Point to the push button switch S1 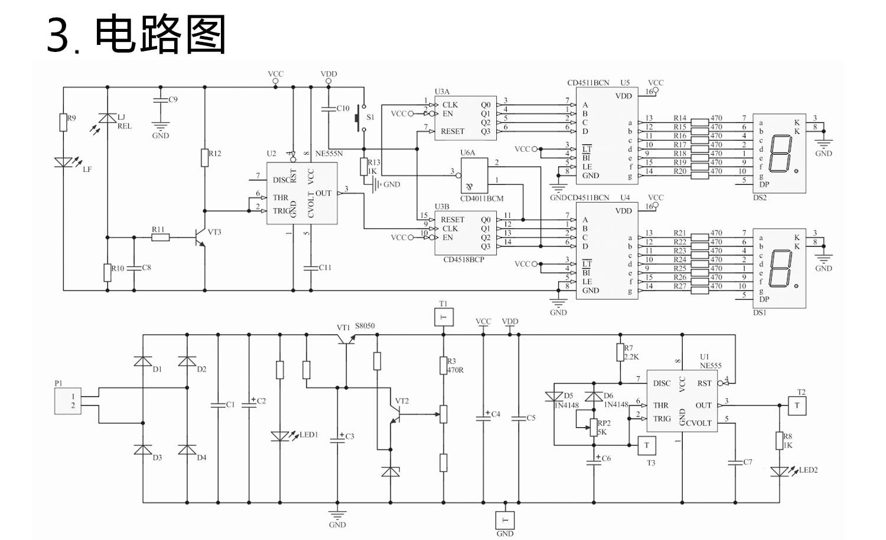(x=358, y=119)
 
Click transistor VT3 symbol (x=200, y=236)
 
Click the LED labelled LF (x=63, y=162)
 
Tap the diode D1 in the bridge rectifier (x=142, y=361)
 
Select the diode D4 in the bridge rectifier (x=187, y=450)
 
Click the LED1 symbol (x=279, y=436)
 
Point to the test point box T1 (x=444, y=317)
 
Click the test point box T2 (x=796, y=405)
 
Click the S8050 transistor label (x=364, y=326)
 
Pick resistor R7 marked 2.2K (x=620, y=353)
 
